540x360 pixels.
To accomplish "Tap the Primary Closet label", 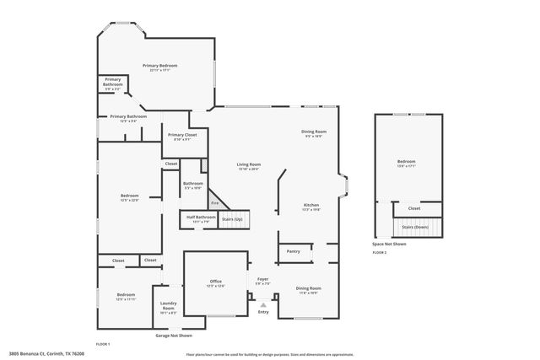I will [181, 135].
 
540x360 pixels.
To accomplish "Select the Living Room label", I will [248, 164].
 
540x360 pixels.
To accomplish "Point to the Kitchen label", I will [311, 206].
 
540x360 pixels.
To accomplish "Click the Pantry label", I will [293, 250].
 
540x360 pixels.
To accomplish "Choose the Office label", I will [215, 281].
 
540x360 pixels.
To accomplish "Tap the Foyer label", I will [262, 279].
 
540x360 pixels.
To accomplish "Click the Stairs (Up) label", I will [232, 219].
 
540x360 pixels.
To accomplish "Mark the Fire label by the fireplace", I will [215, 203].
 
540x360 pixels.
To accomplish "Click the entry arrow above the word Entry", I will [263, 305].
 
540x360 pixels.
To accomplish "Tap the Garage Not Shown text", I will [179, 335].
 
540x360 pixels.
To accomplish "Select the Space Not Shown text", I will [389, 244].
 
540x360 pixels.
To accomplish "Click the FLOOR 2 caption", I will [380, 252].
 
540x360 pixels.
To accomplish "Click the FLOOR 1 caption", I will [103, 344].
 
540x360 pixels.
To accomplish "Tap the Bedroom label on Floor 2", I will [407, 161].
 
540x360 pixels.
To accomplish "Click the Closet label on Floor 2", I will [413, 208].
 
